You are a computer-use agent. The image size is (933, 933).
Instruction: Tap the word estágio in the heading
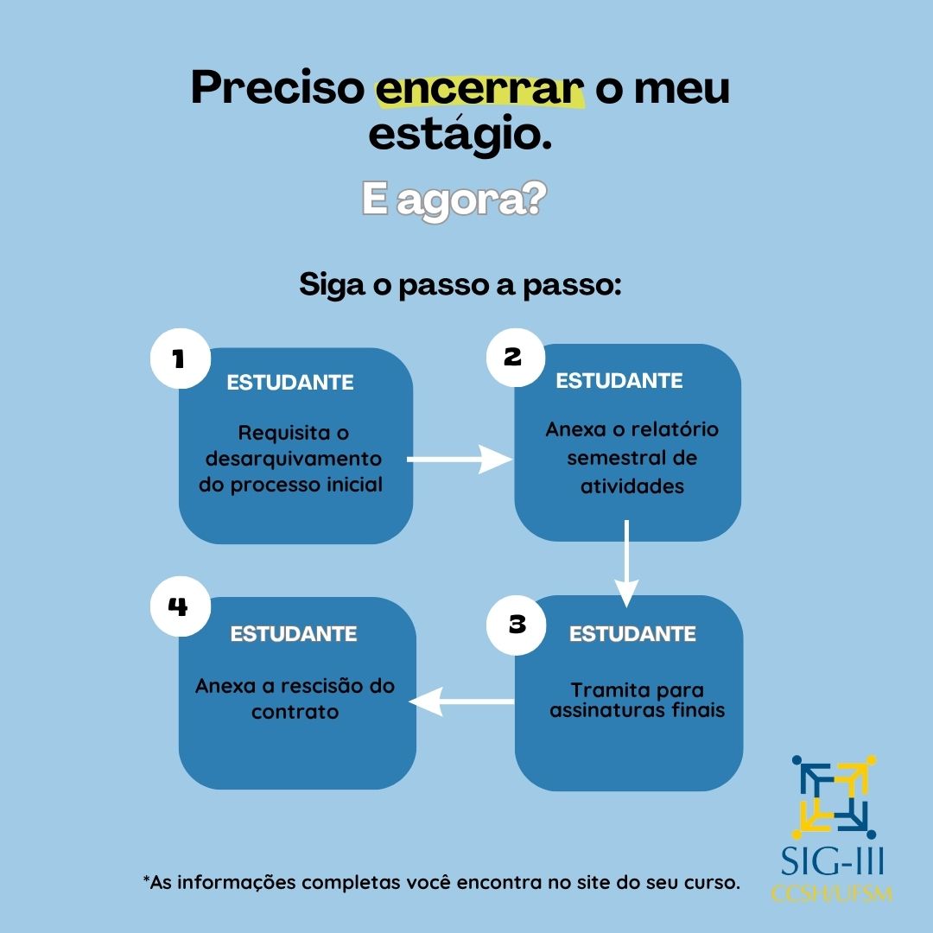tap(460, 136)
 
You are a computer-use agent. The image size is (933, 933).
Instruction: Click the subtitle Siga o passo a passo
tap(460, 285)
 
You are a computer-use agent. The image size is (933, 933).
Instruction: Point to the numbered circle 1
tap(180, 358)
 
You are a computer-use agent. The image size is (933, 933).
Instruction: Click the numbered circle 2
tap(513, 356)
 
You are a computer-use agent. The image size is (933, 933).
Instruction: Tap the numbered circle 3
tap(517, 624)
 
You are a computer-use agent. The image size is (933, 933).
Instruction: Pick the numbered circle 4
tap(178, 606)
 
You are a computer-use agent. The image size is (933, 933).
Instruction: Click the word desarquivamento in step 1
tap(293, 459)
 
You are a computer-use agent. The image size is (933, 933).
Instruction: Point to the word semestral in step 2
tap(632, 458)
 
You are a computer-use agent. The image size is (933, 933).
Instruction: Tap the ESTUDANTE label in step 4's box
tap(294, 634)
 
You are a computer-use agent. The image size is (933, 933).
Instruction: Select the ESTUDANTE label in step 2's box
tap(619, 381)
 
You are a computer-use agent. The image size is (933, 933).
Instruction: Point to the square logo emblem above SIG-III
tap(835, 797)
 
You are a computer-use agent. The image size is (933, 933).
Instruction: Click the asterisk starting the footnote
tap(146, 881)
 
